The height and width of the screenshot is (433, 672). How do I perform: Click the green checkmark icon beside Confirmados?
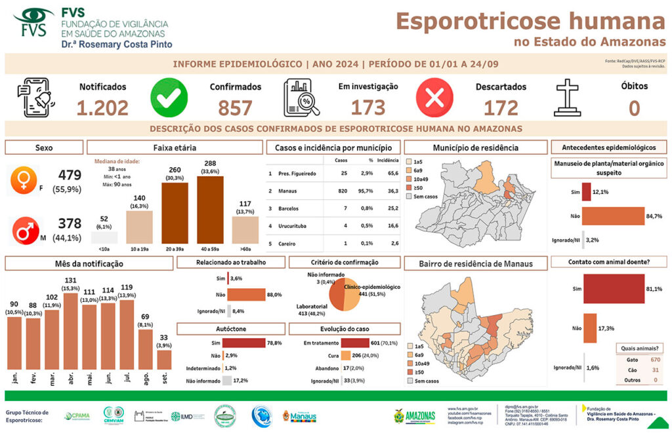(x=169, y=98)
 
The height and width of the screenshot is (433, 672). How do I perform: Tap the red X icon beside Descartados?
(x=434, y=98)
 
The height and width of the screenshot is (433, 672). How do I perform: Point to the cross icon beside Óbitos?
(x=568, y=98)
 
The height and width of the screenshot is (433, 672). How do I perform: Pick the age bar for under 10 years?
(x=104, y=238)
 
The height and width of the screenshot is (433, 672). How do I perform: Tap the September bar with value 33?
(x=164, y=360)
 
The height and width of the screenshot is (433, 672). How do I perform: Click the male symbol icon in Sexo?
(x=23, y=231)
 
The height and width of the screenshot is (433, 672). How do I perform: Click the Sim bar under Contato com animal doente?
(x=613, y=289)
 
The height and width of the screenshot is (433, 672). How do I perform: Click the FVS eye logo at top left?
(x=33, y=23)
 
